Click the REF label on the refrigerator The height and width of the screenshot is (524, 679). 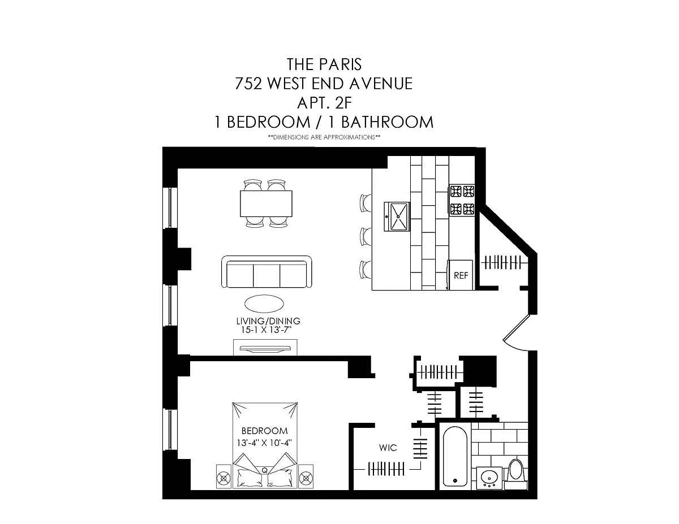tap(461, 276)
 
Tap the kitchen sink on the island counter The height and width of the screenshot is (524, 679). tap(397, 216)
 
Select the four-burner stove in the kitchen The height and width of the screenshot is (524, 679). tap(462, 200)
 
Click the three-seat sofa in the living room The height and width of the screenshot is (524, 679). tap(267, 271)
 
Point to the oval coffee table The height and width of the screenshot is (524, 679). tap(264, 304)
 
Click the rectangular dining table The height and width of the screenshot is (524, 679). tap(267, 203)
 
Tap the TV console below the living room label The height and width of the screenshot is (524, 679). tap(265, 348)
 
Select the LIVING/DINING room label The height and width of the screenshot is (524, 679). tap(268, 321)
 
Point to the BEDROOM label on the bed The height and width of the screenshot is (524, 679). tap(265, 431)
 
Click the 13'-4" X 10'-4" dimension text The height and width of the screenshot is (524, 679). tap(264, 443)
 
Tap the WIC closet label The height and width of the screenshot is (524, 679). tap(388, 448)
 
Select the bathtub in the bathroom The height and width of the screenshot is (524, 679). tap(455, 456)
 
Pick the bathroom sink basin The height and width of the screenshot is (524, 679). tap(489, 478)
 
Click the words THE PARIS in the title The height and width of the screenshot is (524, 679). tap(324, 64)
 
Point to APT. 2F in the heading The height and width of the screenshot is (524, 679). tap(324, 103)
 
